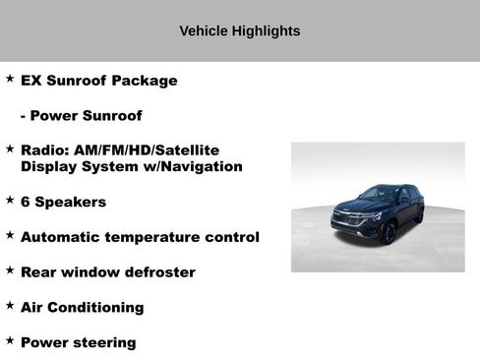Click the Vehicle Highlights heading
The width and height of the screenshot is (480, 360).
pos(239,31)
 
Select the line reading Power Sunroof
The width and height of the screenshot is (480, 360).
pos(82,116)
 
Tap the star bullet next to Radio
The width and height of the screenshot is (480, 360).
pos(10,149)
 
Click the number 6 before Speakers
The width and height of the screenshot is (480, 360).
pos(26,203)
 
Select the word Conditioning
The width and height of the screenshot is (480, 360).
pos(97,308)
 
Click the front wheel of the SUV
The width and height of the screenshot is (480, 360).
pos(388,231)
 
